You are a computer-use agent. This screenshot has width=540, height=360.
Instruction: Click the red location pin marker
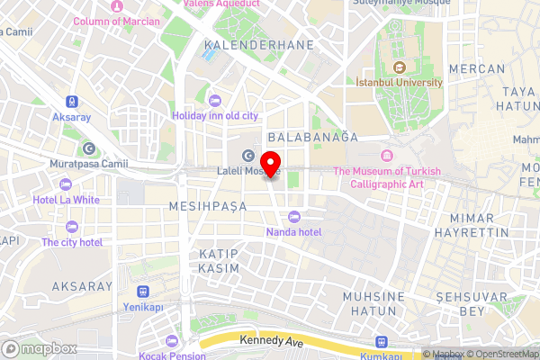click(276, 167)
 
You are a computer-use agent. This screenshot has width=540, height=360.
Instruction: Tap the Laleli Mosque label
click(248, 171)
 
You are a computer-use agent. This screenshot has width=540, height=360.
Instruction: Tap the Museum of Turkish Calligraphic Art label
click(387, 177)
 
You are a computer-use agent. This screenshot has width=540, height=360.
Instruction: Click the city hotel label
click(72, 242)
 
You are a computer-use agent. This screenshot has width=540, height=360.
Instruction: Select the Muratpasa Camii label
click(89, 164)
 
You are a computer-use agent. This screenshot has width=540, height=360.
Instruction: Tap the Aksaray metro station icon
click(71, 103)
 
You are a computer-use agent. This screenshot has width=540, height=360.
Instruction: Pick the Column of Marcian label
click(116, 21)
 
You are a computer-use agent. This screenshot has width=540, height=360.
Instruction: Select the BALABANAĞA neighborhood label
click(314, 137)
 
